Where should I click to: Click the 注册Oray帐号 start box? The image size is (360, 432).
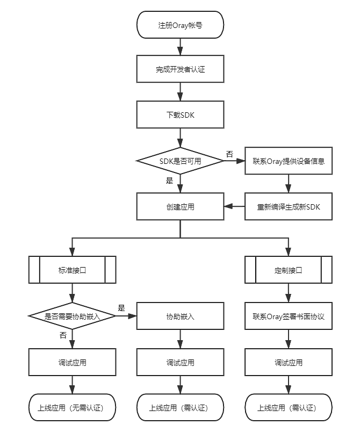180,25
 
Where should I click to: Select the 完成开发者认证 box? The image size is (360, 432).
180,69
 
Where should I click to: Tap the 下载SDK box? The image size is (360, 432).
180,114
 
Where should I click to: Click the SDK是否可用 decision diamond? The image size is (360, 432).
180,161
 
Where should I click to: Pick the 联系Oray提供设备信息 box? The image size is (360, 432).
289,161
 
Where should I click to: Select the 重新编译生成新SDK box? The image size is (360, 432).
289,206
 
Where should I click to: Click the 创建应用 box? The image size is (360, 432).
180,206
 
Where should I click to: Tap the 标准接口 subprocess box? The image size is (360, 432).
72,270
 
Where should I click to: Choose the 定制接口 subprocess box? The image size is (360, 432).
289,270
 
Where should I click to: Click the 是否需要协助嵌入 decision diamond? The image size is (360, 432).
72,316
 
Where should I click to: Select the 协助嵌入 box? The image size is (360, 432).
180,316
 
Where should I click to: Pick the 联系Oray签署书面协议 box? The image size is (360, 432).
289,316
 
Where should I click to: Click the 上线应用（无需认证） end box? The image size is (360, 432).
72,407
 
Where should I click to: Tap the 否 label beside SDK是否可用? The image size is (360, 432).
229,154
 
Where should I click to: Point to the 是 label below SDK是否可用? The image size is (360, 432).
169,181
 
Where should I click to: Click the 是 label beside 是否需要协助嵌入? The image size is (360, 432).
121,308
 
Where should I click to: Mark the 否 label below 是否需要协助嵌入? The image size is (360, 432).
63,335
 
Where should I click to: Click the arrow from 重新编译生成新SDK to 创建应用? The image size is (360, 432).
234,206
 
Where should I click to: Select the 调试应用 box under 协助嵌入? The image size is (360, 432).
180,362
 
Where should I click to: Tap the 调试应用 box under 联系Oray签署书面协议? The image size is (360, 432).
289,362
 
